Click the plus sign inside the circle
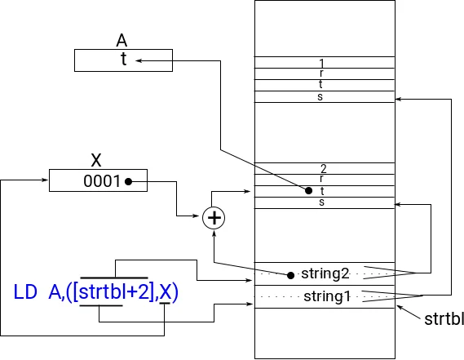click(214, 218)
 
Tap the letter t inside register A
click(122, 60)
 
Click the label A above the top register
click(122, 41)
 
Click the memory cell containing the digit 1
click(324, 63)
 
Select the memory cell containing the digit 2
click(324, 169)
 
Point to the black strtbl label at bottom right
click(444, 319)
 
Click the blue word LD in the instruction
click(28, 291)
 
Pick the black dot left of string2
click(291, 273)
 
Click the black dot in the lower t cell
click(308, 191)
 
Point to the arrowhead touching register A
click(139, 60)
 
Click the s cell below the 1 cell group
click(324, 97)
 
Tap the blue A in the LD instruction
click(55, 291)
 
